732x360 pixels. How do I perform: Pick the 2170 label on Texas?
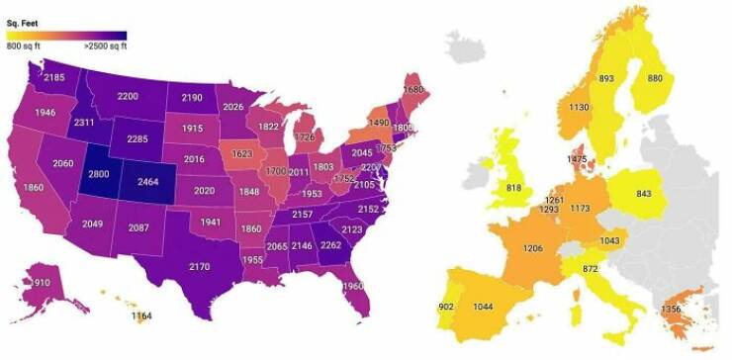pyautogui.click(x=199, y=265)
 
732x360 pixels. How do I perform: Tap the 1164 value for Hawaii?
pyautogui.click(x=143, y=315)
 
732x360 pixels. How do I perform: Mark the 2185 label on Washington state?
pyautogui.click(x=54, y=76)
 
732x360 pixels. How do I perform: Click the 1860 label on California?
pyautogui.click(x=33, y=187)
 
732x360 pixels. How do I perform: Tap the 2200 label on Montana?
pyautogui.click(x=127, y=96)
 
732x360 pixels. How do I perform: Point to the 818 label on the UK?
pyautogui.click(x=513, y=188)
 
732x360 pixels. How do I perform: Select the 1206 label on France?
pyautogui.click(x=533, y=247)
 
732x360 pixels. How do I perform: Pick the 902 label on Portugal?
pyautogui.click(x=447, y=307)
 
